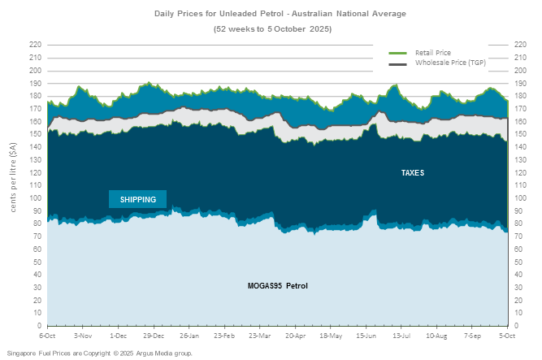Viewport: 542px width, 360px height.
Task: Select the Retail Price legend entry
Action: tap(432, 52)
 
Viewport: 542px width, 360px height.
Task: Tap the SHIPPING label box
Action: tap(137, 199)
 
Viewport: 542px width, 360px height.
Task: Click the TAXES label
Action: tap(413, 173)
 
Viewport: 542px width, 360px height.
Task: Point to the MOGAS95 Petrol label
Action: tap(278, 286)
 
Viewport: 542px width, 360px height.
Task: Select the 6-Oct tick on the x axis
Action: tap(47, 335)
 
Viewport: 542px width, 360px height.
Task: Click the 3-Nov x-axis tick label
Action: tap(83, 335)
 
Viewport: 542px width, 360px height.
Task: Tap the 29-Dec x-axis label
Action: tap(154, 335)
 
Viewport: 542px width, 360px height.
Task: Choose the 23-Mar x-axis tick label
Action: tap(260, 335)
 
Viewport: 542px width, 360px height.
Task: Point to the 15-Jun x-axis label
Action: tap(366, 335)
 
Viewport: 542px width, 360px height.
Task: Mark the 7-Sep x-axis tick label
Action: tap(472, 335)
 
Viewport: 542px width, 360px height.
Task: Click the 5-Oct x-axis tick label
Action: tap(508, 335)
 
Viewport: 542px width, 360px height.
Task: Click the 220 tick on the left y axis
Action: tap(35, 44)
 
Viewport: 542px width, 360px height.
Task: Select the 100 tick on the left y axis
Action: tap(35, 197)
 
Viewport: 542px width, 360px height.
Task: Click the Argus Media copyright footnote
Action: tap(99, 353)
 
